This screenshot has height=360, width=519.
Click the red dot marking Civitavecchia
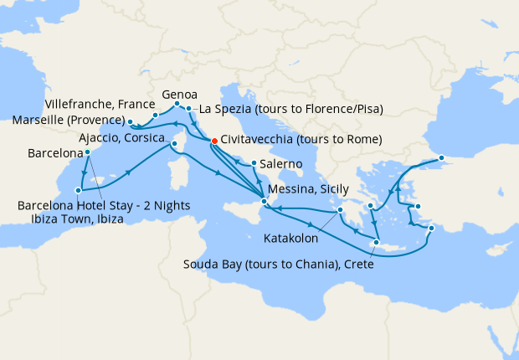pos(214,141)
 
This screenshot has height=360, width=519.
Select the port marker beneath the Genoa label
pos(177,105)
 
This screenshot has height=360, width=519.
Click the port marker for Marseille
pos(130,122)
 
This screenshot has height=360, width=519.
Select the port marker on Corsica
pos(175,144)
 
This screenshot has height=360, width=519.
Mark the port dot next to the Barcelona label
pos(88,153)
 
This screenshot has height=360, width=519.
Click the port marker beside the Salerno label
pos(253,163)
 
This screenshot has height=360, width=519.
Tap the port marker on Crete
pos(377,243)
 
